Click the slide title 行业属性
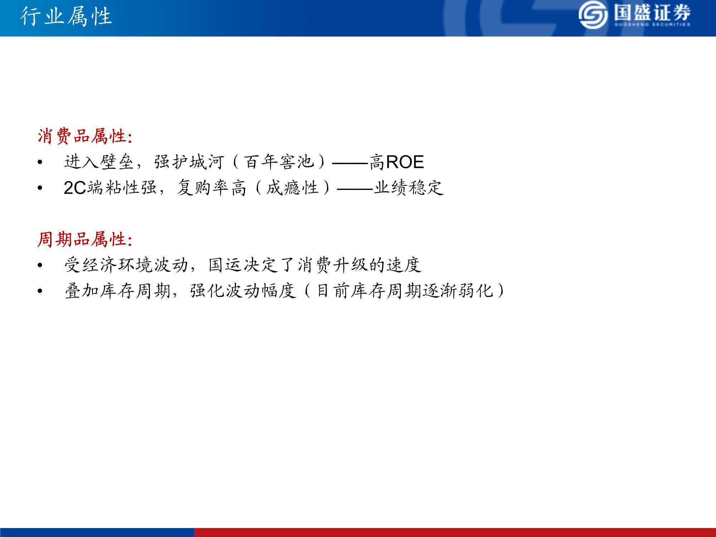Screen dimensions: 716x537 (x=66, y=16)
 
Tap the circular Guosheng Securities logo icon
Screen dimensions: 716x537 (x=593, y=15)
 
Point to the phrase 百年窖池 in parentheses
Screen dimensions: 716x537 (x=279, y=162)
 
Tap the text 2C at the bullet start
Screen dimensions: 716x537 (x=75, y=188)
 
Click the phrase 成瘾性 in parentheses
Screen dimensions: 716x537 (x=292, y=188)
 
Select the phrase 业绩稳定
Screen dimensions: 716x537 (x=408, y=188)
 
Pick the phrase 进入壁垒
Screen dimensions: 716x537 (x=99, y=162)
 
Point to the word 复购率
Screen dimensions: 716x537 (x=203, y=188)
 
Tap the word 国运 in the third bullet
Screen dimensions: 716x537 (x=226, y=265)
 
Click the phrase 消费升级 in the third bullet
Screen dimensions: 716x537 (x=332, y=265)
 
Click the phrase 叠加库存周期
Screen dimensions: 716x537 (x=117, y=291)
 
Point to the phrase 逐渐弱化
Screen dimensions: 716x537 (x=458, y=291)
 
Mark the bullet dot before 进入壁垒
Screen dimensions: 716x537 (x=40, y=163)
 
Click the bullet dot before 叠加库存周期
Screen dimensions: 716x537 (x=40, y=291)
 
